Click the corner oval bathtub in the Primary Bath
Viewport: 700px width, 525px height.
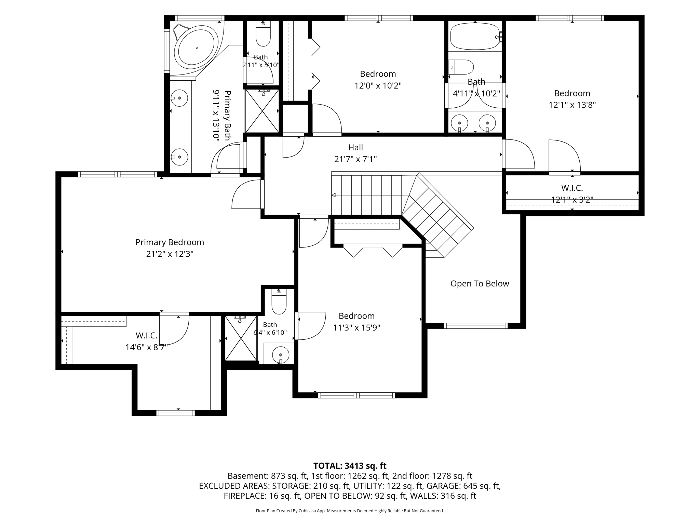click(x=197, y=48)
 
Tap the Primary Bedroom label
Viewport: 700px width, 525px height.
click(x=170, y=242)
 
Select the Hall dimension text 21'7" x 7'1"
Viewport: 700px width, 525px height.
click(x=355, y=159)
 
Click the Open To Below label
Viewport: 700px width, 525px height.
click(x=480, y=284)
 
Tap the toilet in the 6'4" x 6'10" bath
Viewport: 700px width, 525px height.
click(x=279, y=302)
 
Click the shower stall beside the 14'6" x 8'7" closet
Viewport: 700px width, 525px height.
click(x=241, y=338)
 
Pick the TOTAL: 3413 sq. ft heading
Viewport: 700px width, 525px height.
click(x=350, y=466)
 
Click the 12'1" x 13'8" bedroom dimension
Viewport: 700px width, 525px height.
click(x=572, y=105)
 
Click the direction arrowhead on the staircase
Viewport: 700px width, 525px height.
click(x=334, y=195)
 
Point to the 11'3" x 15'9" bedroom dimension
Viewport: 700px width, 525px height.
click(x=356, y=328)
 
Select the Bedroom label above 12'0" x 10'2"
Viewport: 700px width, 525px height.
click(x=378, y=74)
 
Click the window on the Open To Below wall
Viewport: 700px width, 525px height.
click(x=475, y=326)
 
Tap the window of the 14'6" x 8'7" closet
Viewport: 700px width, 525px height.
click(x=175, y=413)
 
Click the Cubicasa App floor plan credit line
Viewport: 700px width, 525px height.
click(x=350, y=511)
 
